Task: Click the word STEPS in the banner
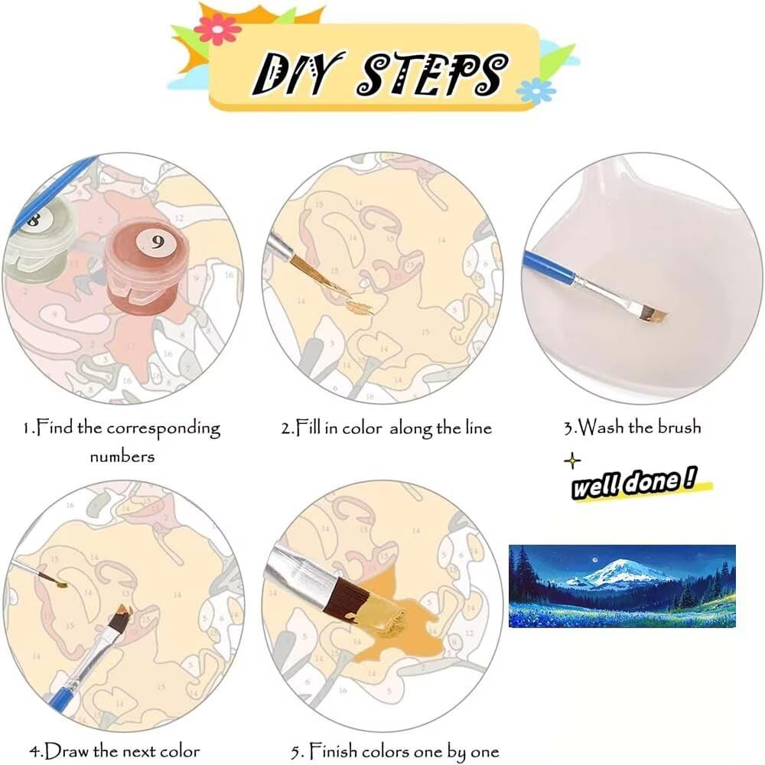pyautogui.click(x=431, y=73)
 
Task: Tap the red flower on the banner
pyautogui.click(x=217, y=29)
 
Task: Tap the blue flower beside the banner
pyautogui.click(x=535, y=91)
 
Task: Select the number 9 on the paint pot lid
pyautogui.click(x=157, y=241)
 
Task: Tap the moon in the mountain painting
pyautogui.click(x=594, y=561)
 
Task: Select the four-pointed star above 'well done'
pyautogui.click(x=572, y=461)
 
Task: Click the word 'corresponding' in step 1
pyautogui.click(x=163, y=429)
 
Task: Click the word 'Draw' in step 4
pyautogui.click(x=67, y=750)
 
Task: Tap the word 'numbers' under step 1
pyautogui.click(x=122, y=457)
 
